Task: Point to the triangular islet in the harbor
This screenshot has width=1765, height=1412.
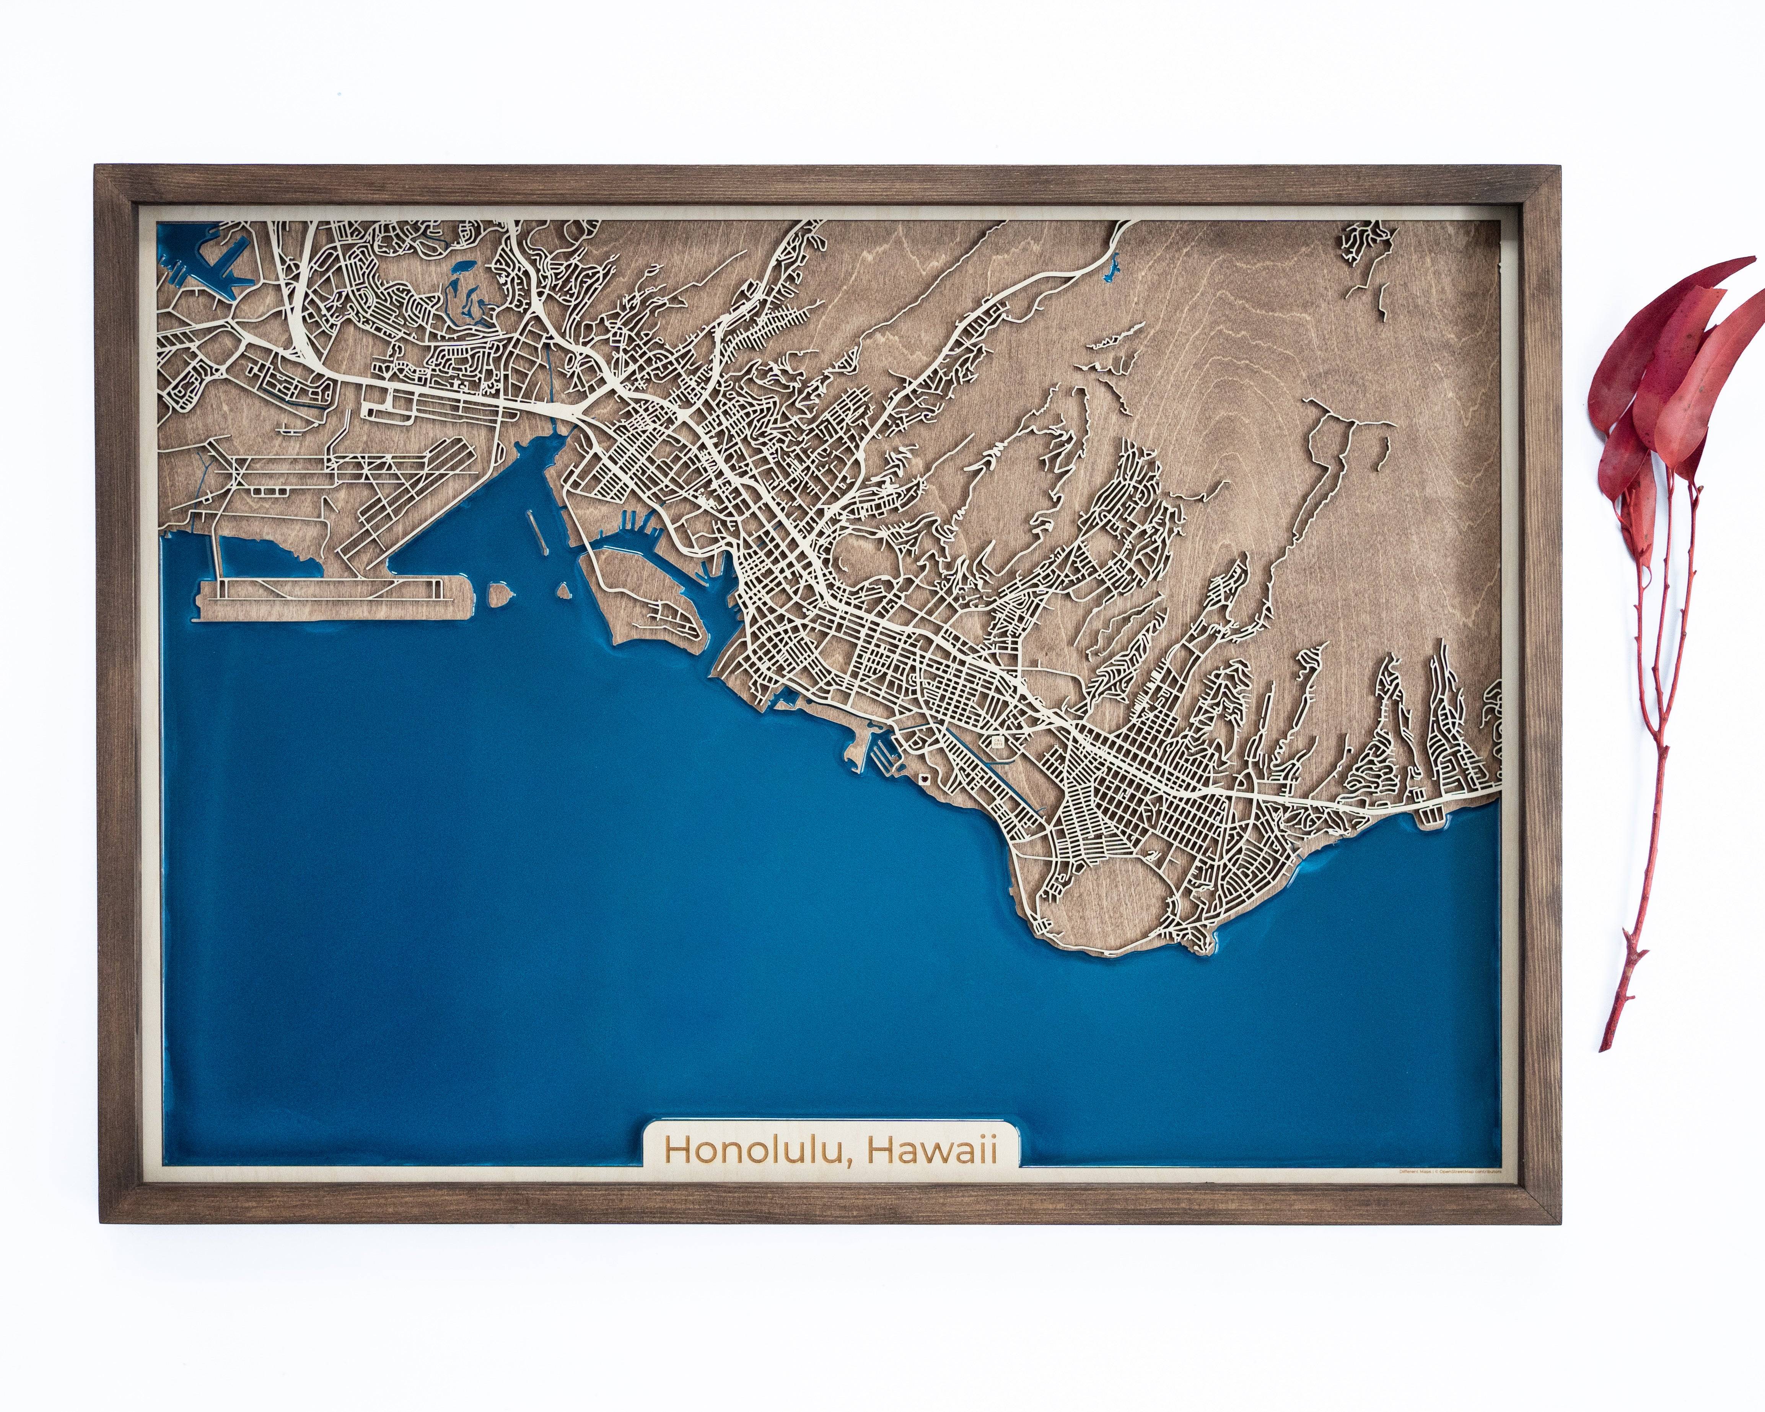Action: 563,590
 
